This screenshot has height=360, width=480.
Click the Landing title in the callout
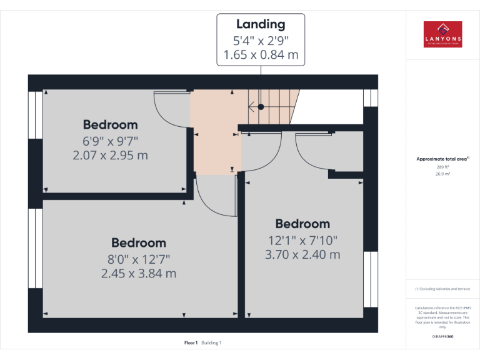pyautogui.click(x=261, y=24)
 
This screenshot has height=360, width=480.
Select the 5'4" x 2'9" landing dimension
pyautogui.click(x=261, y=41)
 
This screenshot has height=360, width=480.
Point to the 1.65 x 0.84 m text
pyautogui.click(x=261, y=55)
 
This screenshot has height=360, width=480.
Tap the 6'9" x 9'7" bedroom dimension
pyautogui.click(x=110, y=141)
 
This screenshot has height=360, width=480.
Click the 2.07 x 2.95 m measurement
pyautogui.click(x=110, y=154)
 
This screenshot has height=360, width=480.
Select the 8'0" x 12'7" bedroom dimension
pyautogui.click(x=139, y=259)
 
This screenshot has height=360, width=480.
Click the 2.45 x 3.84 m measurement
pyautogui.click(x=139, y=273)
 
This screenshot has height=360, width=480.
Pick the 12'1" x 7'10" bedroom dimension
pyautogui.click(x=302, y=240)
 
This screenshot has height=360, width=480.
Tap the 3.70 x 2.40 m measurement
pyautogui.click(x=302, y=254)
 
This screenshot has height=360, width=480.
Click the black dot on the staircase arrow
pyautogui.click(x=261, y=107)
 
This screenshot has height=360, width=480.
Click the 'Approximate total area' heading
pyautogui.click(x=442, y=159)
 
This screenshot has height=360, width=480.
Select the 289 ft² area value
pyautogui.click(x=442, y=167)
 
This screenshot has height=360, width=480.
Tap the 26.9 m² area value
pyautogui.click(x=442, y=174)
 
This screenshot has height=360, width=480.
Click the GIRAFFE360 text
pyautogui.click(x=442, y=337)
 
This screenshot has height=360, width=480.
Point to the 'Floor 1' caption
pyautogui.click(x=191, y=342)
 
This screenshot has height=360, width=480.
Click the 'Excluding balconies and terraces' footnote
pyautogui.click(x=442, y=289)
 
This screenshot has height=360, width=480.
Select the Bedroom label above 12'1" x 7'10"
pyautogui.click(x=302, y=224)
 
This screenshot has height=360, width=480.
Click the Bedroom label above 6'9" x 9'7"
pyautogui.click(x=110, y=124)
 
